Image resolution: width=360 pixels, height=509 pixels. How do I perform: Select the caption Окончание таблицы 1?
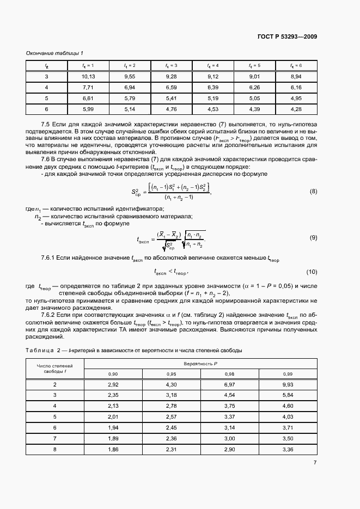tap(54, 53)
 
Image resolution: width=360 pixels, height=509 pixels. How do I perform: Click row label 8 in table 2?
tap(54, 449)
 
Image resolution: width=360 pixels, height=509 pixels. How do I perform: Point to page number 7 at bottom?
tap(315, 463)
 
